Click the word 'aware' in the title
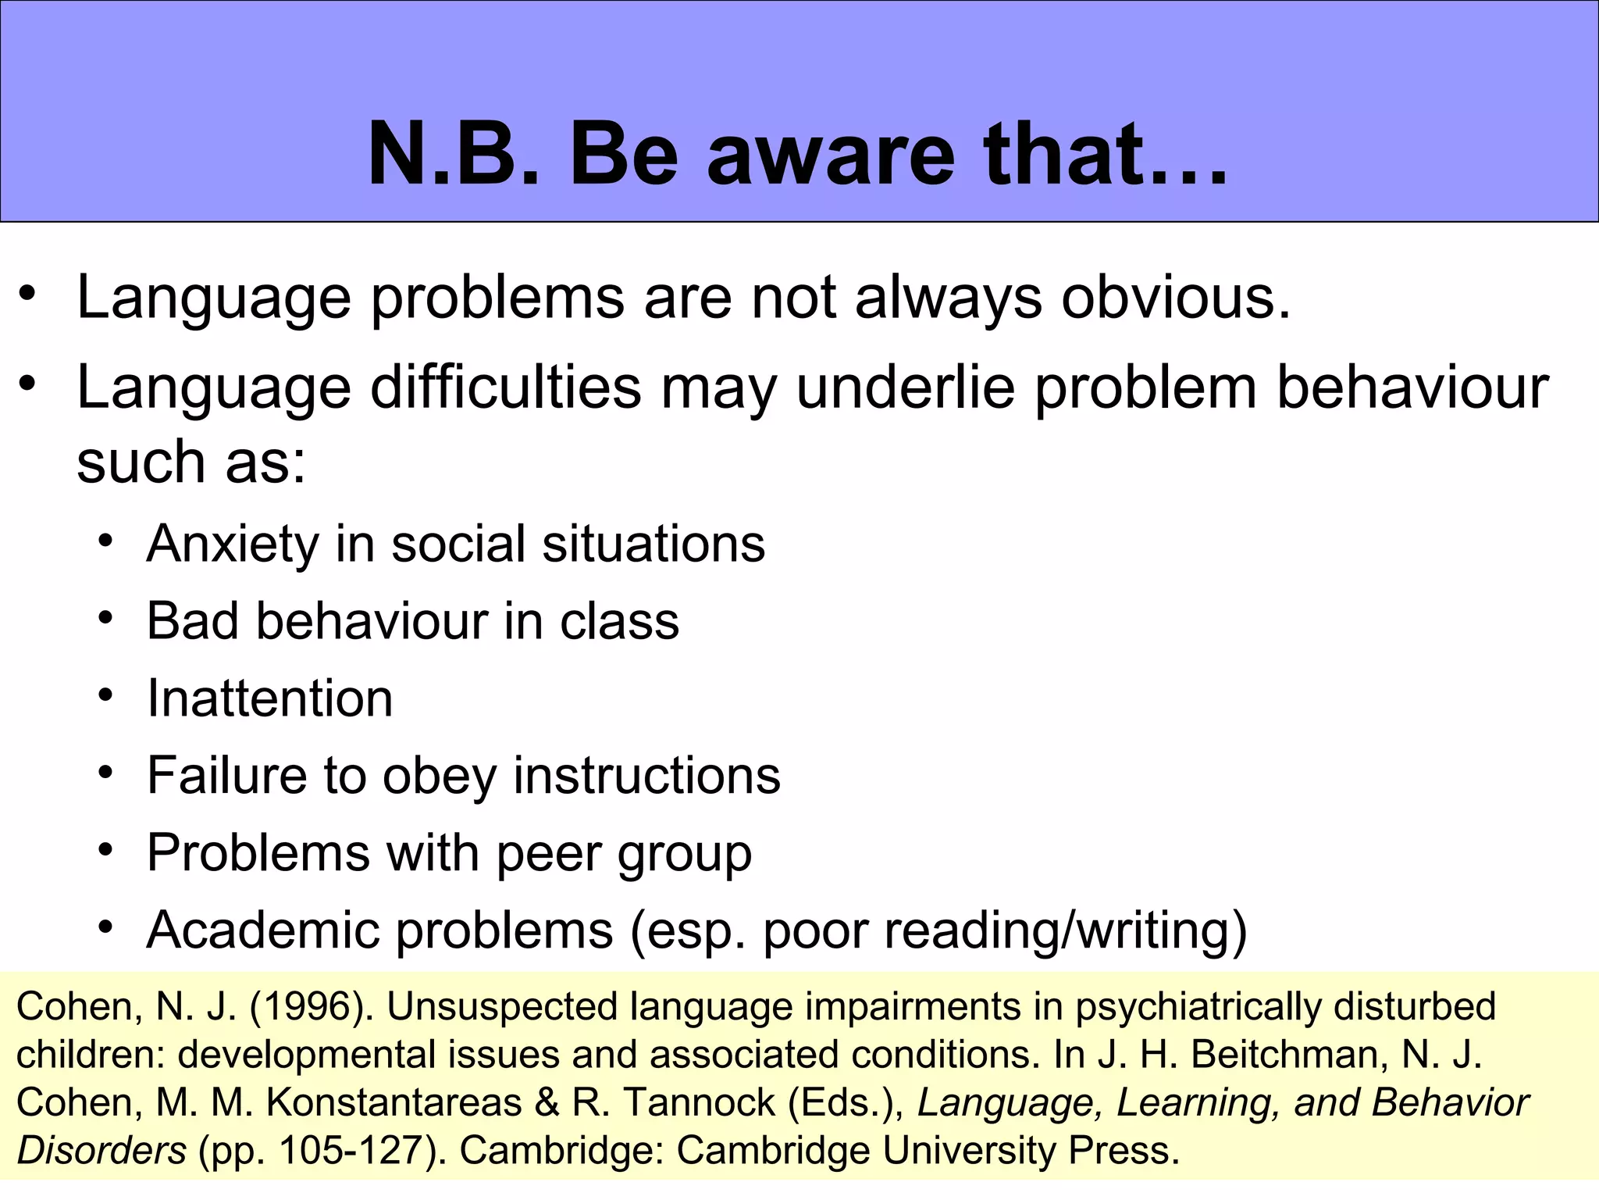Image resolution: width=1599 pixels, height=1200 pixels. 830,155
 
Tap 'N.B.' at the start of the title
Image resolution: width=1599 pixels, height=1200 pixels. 454,155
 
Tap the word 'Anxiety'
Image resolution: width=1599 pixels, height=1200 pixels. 231,544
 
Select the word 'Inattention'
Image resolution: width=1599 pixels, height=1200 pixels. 269,698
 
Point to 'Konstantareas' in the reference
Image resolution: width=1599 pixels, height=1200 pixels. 394,1103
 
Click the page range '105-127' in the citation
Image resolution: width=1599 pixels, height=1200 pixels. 351,1151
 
